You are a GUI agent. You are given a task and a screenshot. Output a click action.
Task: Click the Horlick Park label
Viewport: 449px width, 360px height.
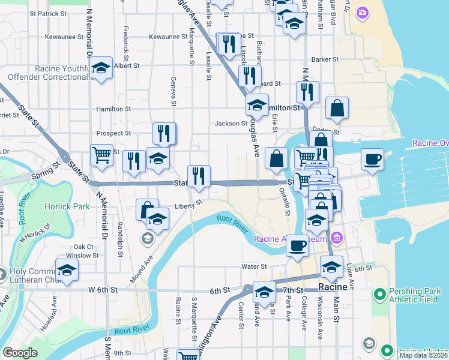[67, 206]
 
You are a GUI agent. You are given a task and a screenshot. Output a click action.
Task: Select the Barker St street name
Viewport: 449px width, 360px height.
[325, 59]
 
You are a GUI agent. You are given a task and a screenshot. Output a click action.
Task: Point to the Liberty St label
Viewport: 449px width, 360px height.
[187, 205]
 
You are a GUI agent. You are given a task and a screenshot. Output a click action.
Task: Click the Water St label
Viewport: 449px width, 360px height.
[254, 266]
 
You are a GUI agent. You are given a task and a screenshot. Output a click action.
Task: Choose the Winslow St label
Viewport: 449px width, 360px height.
[82, 256]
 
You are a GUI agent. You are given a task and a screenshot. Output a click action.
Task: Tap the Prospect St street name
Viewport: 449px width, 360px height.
[113, 133]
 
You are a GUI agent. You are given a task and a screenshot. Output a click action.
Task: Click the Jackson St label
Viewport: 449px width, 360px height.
[228, 124]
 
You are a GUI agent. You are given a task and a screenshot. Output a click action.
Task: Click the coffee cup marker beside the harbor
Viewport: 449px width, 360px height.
[373, 160]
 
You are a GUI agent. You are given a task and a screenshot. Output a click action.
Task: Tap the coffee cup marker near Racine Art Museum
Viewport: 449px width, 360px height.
[297, 245]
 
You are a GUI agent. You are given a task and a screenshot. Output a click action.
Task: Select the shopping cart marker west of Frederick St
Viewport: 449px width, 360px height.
[101, 155]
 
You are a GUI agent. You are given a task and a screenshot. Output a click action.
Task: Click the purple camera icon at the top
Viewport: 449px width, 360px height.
[362, 12]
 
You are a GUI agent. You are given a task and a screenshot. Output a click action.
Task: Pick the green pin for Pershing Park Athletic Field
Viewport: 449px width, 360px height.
[379, 294]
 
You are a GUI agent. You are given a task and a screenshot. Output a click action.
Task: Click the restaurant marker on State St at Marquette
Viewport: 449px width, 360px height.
[199, 176]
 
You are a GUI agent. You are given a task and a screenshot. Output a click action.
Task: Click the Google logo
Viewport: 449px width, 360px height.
[20, 353]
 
